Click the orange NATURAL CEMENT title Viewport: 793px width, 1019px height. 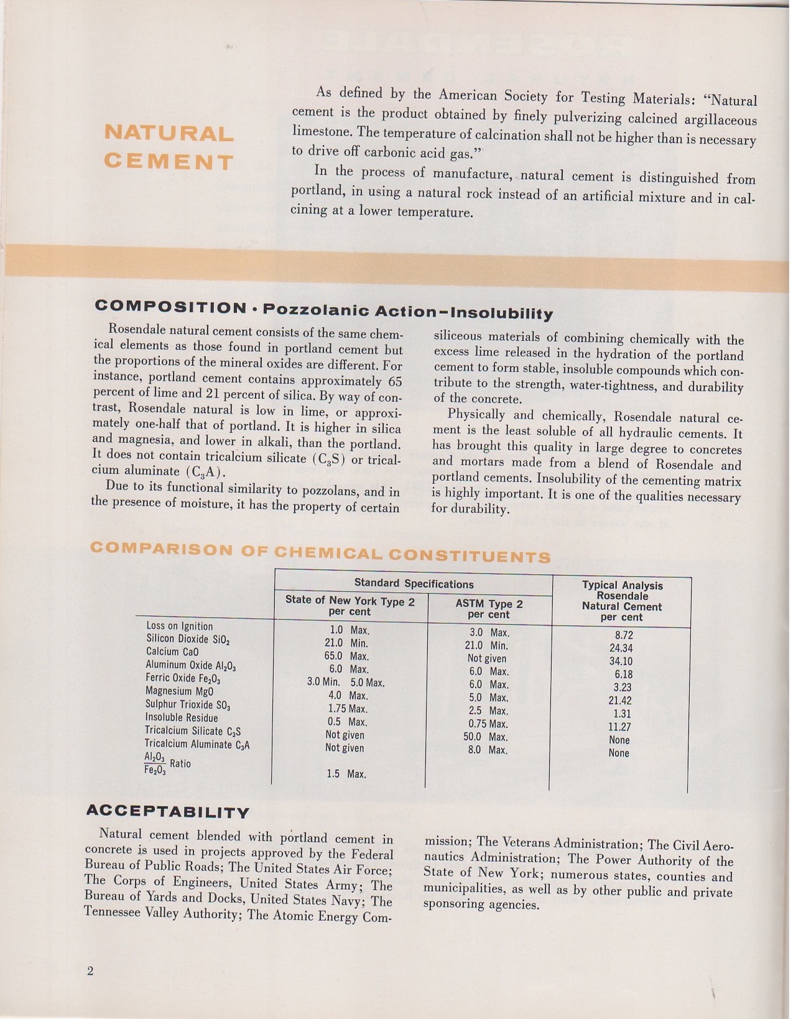pyautogui.click(x=169, y=147)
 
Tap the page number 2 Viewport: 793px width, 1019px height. pyautogui.click(x=90, y=972)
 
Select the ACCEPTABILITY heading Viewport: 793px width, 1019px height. pyautogui.click(x=167, y=811)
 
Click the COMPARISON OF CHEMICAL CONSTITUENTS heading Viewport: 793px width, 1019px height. pyautogui.click(x=320, y=552)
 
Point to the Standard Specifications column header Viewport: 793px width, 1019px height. pyautogui.click(x=414, y=583)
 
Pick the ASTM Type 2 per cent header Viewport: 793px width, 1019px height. pyautogui.click(x=489, y=609)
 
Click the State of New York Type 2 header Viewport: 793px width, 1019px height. pyautogui.click(x=350, y=606)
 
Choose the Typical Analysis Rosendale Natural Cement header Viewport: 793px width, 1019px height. pyautogui.click(x=621, y=601)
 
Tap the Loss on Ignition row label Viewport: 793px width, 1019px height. pyautogui.click(x=180, y=626)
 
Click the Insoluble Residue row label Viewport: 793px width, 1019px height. pyautogui.click(x=182, y=718)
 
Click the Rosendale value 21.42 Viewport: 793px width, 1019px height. pyautogui.click(x=620, y=700)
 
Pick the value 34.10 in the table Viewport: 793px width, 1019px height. pyautogui.click(x=621, y=661)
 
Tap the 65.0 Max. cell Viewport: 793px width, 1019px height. pyautogui.click(x=346, y=656)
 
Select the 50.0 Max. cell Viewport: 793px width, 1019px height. pyautogui.click(x=488, y=737)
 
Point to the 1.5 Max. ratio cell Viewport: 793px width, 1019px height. pyautogui.click(x=346, y=774)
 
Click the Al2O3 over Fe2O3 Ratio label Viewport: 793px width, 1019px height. pyautogui.click(x=167, y=764)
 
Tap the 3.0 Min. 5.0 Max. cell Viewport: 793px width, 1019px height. pyautogui.click(x=346, y=682)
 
